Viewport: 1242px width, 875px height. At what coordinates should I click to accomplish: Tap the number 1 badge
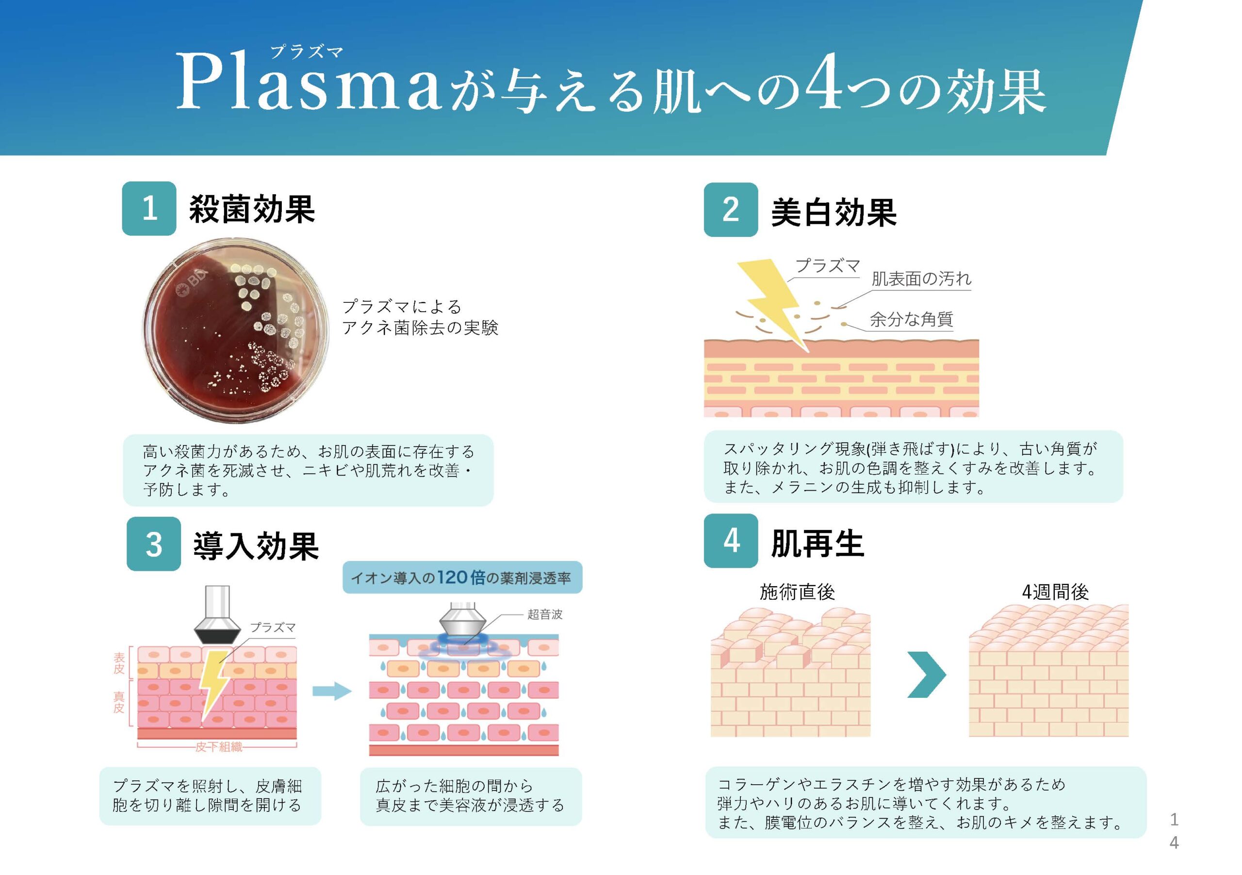[x=149, y=208]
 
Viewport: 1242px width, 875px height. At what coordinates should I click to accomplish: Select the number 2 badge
[x=730, y=210]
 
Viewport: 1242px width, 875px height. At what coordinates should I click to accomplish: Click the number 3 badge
[x=154, y=544]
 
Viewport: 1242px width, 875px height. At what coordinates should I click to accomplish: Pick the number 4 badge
[x=730, y=541]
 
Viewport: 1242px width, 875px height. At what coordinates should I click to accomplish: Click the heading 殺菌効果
[x=251, y=209]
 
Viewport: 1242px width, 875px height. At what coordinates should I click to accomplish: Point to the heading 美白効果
[x=833, y=212]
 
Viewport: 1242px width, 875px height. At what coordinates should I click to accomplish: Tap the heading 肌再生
[x=817, y=543]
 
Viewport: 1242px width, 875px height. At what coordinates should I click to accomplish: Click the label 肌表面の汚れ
[x=921, y=279]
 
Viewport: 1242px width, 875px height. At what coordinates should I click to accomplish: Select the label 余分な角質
[x=911, y=319]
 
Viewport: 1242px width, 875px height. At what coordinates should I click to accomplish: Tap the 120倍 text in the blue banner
[x=461, y=578]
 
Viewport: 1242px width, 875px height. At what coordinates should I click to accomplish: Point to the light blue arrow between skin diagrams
[x=331, y=691]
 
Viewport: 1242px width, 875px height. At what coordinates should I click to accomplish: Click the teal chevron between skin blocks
[x=926, y=674]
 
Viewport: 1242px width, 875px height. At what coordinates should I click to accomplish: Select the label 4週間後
[x=1055, y=592]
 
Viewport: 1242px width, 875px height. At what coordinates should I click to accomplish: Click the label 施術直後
[x=797, y=592]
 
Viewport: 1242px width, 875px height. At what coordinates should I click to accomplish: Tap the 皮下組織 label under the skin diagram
[x=218, y=747]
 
